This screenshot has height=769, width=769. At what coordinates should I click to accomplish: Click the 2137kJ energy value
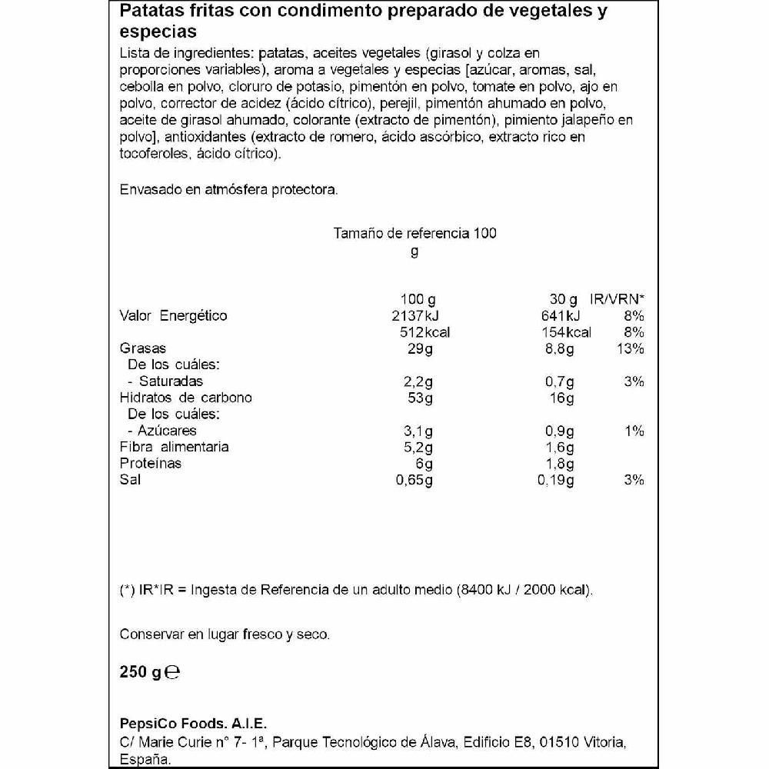(x=414, y=316)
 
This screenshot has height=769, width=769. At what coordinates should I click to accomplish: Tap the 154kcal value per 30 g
(x=564, y=332)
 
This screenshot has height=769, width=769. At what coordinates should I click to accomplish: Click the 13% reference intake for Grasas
(x=630, y=348)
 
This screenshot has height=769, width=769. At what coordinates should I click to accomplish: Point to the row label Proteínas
(x=151, y=463)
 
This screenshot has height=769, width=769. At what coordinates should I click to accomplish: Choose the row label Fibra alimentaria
(x=175, y=447)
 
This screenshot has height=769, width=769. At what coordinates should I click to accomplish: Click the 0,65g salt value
(x=414, y=480)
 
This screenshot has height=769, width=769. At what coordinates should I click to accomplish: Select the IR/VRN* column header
(x=617, y=299)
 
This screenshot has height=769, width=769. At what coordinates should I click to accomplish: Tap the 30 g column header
(x=563, y=299)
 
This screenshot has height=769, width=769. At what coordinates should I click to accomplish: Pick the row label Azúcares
(x=167, y=431)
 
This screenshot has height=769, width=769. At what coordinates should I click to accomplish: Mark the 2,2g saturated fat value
(x=418, y=381)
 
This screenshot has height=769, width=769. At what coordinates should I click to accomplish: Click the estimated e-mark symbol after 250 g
(x=172, y=673)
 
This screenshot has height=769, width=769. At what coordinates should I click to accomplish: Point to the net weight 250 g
(x=140, y=673)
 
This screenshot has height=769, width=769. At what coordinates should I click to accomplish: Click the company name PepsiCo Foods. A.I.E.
(x=193, y=724)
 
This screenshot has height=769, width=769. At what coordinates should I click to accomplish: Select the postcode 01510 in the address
(x=560, y=742)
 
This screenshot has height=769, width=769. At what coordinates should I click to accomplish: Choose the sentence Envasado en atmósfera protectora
(x=229, y=189)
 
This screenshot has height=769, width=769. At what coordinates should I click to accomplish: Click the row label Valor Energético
(x=174, y=316)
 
